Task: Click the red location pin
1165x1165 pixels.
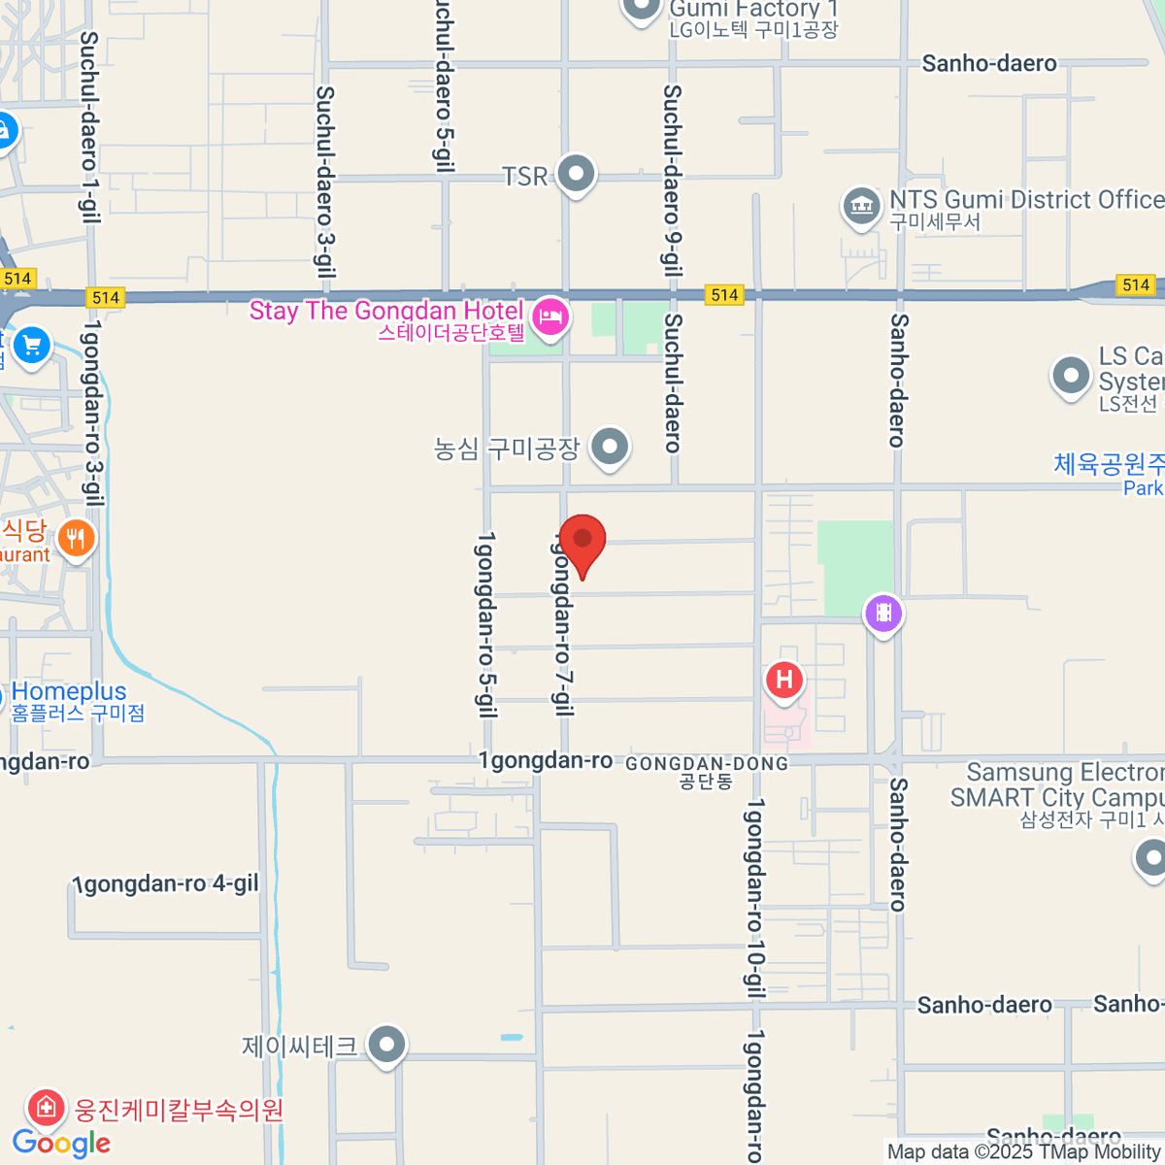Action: tap(582, 542)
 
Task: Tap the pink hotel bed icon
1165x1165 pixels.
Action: tap(550, 316)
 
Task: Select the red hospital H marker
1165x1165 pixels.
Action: tap(783, 680)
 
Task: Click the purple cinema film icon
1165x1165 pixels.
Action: tap(883, 613)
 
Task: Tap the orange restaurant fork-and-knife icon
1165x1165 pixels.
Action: tap(76, 537)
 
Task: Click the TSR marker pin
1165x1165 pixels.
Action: tap(577, 175)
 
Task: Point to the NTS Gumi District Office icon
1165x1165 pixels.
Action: tap(860, 205)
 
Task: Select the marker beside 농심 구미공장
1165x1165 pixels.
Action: tap(610, 448)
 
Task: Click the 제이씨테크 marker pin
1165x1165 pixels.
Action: tap(387, 1046)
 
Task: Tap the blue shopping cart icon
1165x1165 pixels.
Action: tap(31, 345)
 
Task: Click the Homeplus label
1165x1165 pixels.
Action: tap(70, 692)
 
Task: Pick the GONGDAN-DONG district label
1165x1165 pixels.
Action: tap(707, 765)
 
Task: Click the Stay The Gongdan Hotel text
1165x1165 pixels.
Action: tap(386, 311)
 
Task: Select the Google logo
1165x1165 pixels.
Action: tap(62, 1143)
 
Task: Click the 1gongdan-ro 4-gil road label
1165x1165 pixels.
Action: tap(167, 883)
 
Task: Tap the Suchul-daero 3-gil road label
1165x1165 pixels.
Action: tap(326, 182)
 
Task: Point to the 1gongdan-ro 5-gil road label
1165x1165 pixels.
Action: tap(485, 623)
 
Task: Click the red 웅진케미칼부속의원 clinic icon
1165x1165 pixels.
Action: tap(45, 1107)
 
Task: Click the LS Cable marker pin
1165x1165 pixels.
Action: tap(1071, 375)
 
